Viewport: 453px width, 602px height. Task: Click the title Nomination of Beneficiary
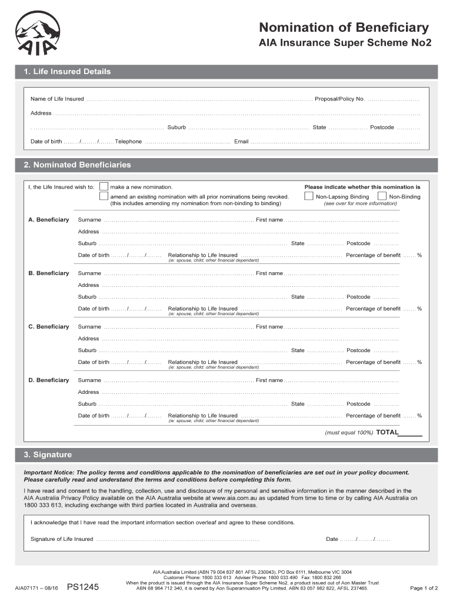[344, 27]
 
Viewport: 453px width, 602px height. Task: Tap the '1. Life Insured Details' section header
[67, 72]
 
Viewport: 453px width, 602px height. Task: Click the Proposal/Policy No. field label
[339, 99]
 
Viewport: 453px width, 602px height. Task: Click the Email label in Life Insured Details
[241, 142]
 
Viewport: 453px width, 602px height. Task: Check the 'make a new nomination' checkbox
[104, 186]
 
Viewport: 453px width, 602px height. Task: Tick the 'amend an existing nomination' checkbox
[104, 196]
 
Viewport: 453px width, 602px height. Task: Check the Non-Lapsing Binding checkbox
[308, 196]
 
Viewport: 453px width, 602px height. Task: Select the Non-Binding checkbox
[382, 196]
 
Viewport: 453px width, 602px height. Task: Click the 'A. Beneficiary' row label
[49, 220]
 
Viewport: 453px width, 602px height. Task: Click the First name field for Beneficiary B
[341, 273]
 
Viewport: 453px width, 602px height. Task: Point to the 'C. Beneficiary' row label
[49, 327]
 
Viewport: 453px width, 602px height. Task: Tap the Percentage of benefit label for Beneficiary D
[373, 416]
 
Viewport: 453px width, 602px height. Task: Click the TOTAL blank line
[410, 433]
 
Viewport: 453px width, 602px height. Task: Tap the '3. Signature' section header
[48, 455]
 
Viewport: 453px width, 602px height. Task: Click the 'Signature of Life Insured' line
[176, 539]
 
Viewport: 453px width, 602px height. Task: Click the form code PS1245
[83, 587]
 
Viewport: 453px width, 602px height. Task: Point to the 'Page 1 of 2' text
[424, 588]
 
